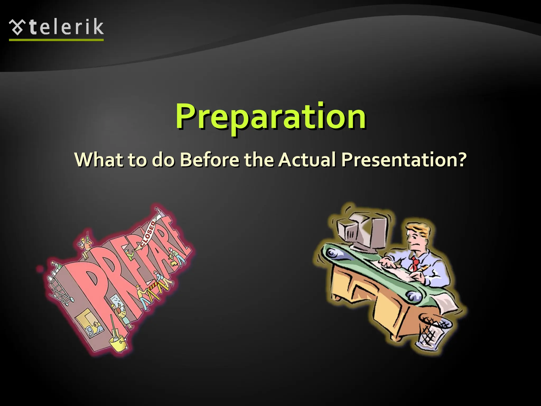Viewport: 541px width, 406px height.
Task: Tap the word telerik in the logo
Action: [x=66, y=27]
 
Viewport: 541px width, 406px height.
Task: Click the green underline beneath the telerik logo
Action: [x=56, y=40]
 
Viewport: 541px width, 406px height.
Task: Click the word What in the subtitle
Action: [x=99, y=160]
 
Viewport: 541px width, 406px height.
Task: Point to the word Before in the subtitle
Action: [x=209, y=160]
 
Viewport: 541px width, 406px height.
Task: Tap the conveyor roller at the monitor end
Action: [x=331, y=254]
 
